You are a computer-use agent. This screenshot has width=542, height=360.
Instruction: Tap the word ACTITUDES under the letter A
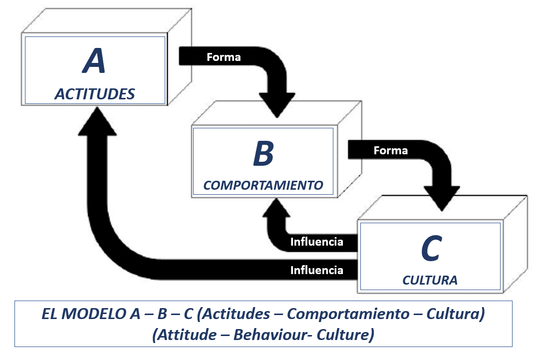pos(95,94)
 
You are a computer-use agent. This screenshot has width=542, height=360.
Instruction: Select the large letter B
pos(264,154)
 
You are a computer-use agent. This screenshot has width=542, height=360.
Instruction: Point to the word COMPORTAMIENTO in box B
pos(264,186)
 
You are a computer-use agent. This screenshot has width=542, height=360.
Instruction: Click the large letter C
pos(430,249)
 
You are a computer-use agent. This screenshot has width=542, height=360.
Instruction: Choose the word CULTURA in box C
pos(430,280)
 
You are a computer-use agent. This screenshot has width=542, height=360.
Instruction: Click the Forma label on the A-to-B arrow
pos(224,57)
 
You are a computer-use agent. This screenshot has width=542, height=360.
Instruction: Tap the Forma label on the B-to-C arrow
pos(390,150)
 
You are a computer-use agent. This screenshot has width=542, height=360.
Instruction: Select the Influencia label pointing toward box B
pos(317,242)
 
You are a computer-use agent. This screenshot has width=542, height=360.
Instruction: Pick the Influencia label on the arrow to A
pos(317,271)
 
